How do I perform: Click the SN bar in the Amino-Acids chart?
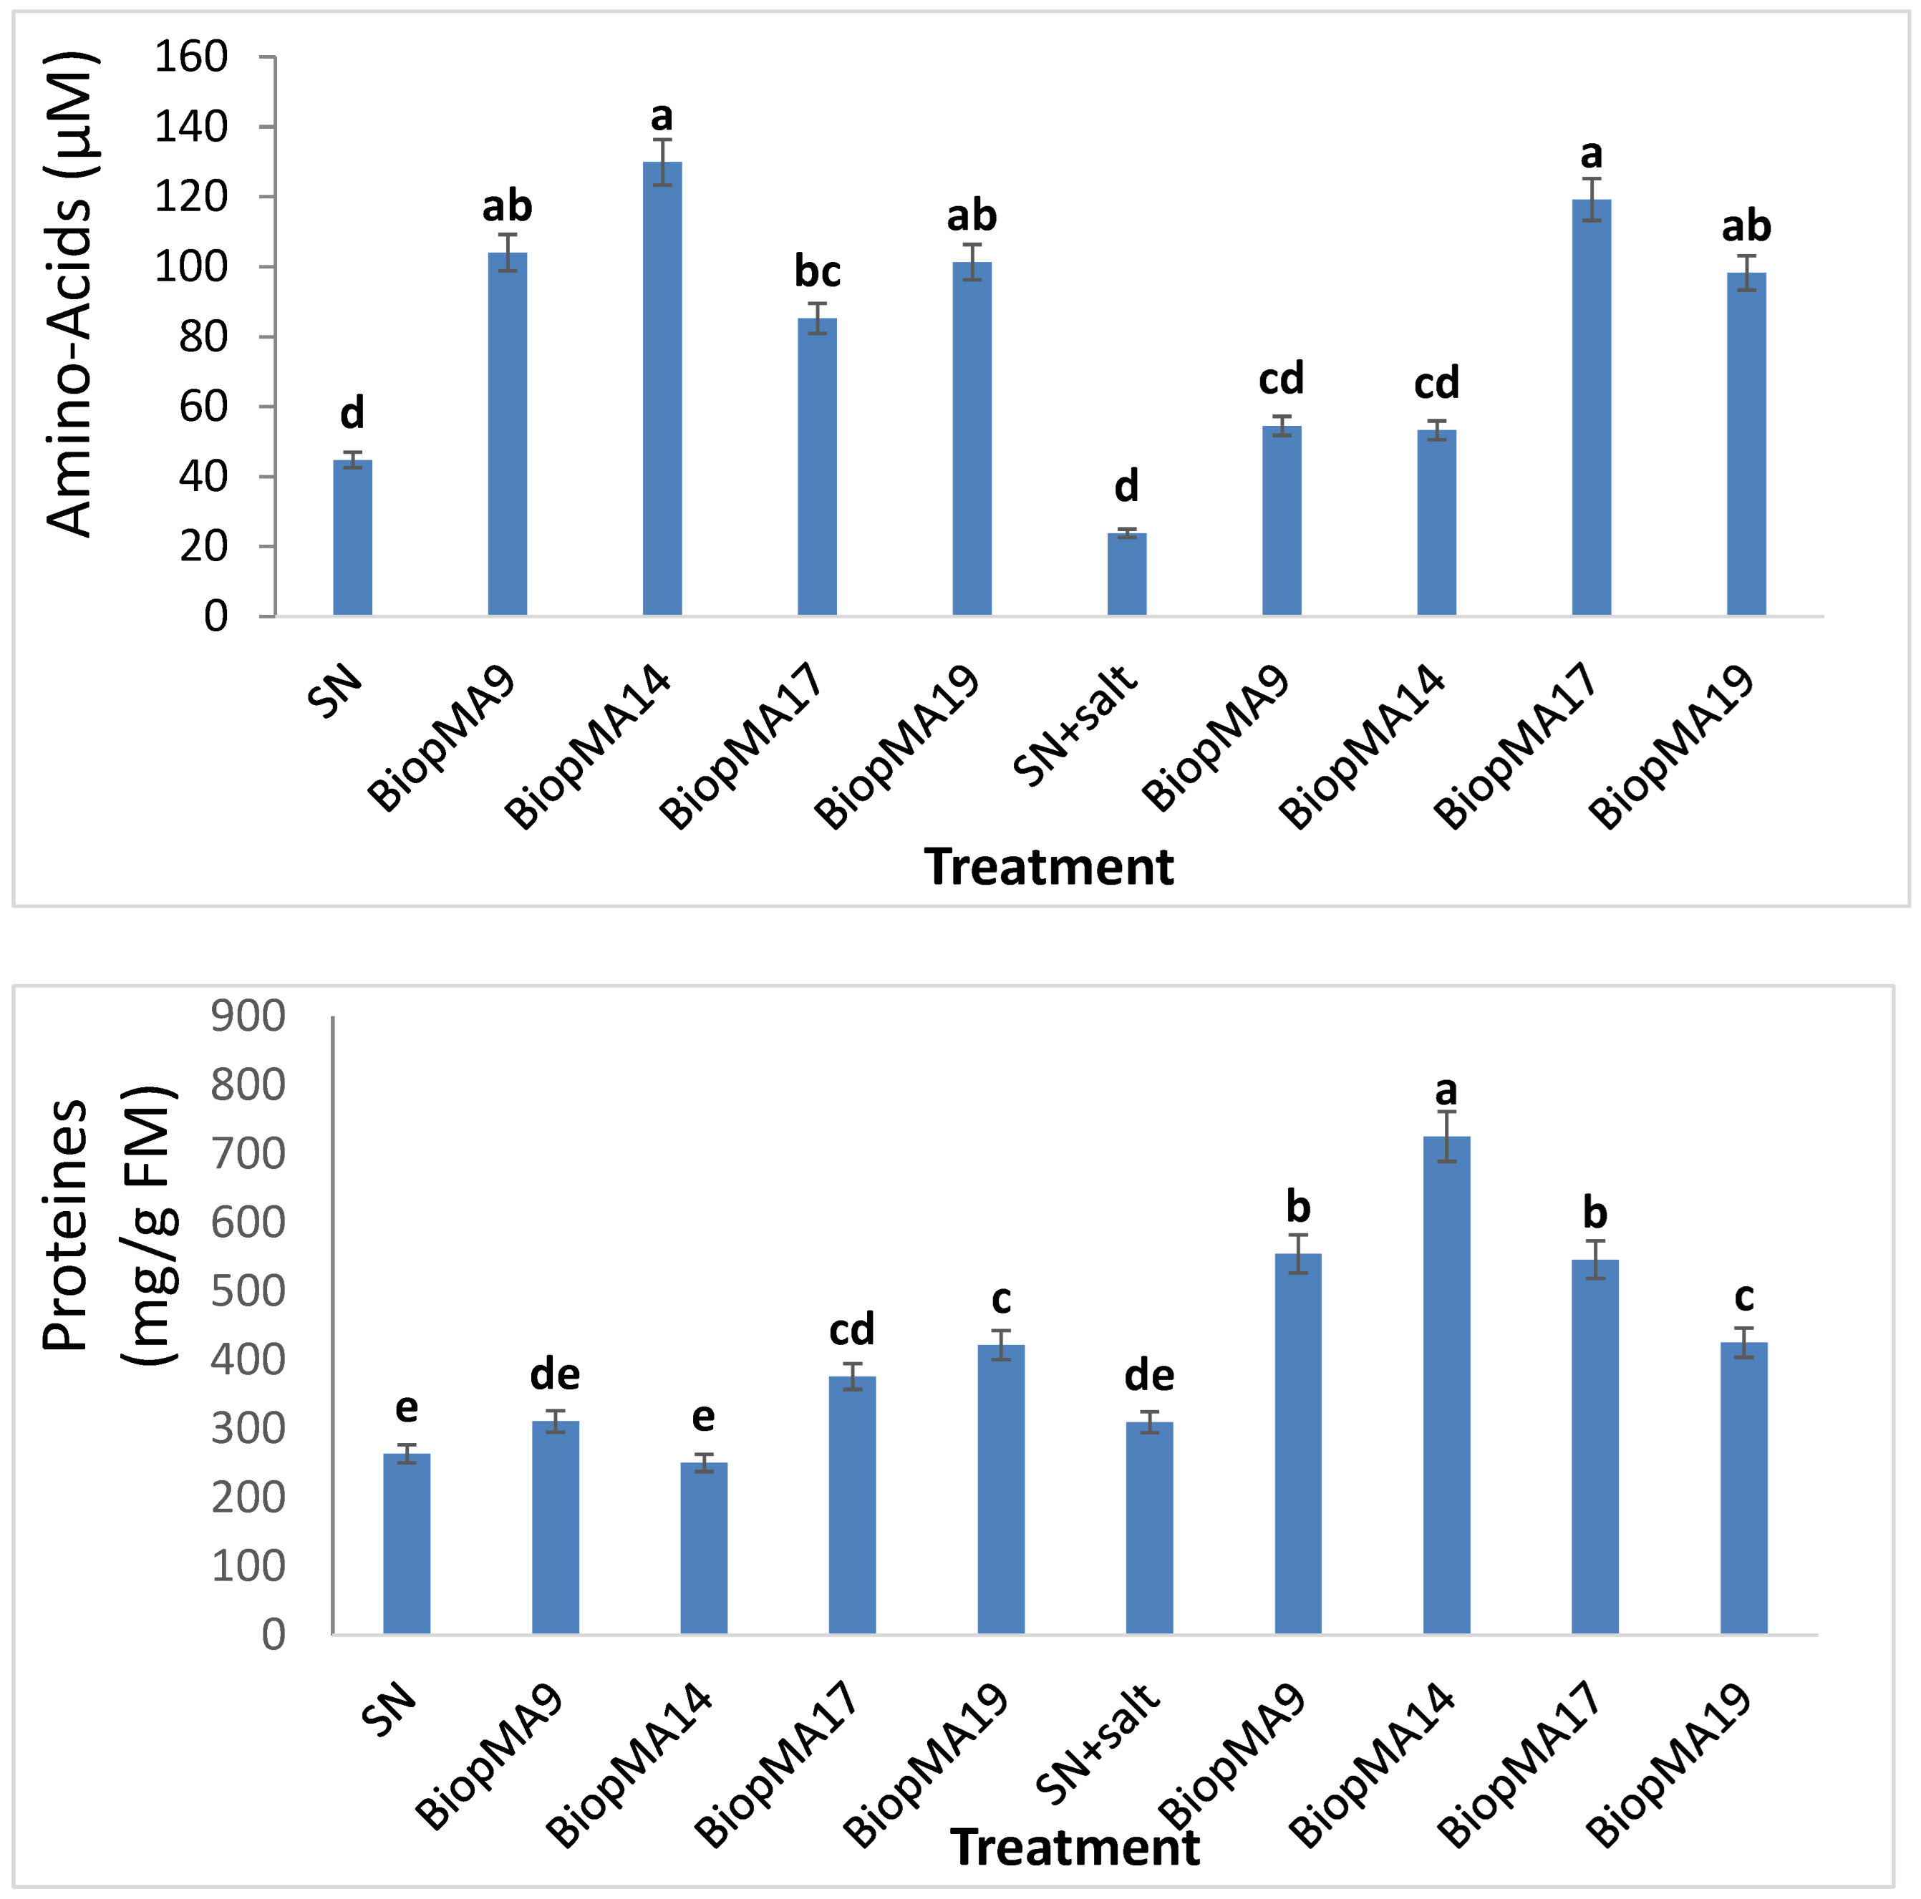point(352,538)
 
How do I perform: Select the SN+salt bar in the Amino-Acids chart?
point(1126,575)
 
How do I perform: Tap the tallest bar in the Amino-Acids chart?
point(662,389)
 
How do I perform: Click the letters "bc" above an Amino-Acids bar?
point(818,271)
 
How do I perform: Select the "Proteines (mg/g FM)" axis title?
point(110,1225)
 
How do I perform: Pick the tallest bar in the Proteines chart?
point(1447,1385)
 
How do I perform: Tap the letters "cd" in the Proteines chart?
point(852,1329)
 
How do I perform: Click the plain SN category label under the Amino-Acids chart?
point(334,690)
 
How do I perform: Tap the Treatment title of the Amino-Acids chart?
point(1049,867)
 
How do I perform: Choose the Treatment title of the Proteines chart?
point(1075,1848)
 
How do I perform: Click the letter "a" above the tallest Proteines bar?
point(1447,1091)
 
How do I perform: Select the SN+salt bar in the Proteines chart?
point(1149,1528)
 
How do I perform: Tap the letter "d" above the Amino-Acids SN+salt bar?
point(1126,486)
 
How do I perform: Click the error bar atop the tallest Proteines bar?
point(1447,1137)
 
